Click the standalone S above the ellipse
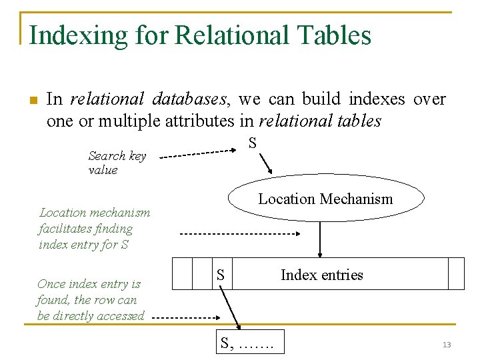coord(253,143)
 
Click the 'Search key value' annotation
coord(117,163)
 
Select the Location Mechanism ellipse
coord(325,199)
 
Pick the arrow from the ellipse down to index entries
coord(321,239)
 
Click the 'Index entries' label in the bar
coord(321,275)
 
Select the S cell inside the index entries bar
coord(221,274)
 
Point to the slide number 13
coord(447,345)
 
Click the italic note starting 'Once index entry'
coord(90,300)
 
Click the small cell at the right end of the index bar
coord(456,273)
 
